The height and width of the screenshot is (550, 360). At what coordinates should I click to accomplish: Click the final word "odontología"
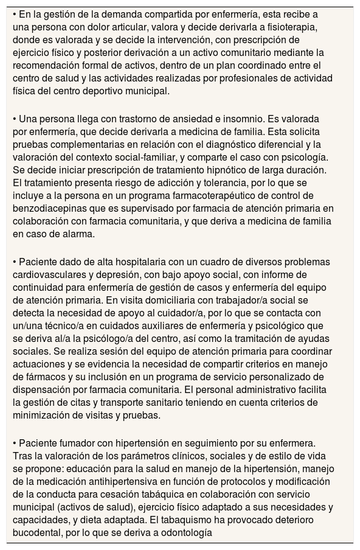[181, 533]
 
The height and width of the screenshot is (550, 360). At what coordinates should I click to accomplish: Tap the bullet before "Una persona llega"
[15, 118]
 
